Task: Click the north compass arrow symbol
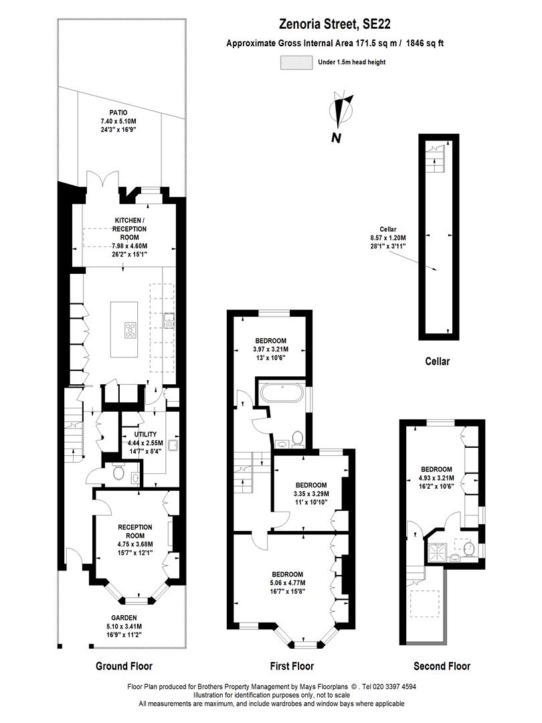(x=344, y=110)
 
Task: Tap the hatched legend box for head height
(x=296, y=62)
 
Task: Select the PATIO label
(x=118, y=112)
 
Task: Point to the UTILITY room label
(x=145, y=434)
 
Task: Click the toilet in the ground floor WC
(x=119, y=473)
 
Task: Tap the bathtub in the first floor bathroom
(x=282, y=393)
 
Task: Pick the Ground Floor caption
(x=124, y=666)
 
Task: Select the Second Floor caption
(x=442, y=666)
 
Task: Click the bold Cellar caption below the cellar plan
(x=438, y=361)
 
